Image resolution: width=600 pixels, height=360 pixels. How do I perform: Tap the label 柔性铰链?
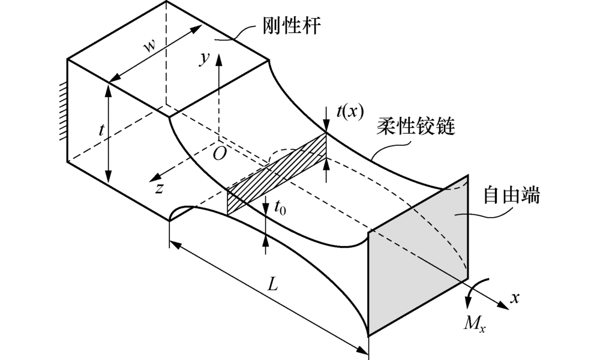(x=418, y=127)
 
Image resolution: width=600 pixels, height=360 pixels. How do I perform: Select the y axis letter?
(x=206, y=58)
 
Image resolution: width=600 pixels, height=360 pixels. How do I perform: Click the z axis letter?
(x=158, y=188)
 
